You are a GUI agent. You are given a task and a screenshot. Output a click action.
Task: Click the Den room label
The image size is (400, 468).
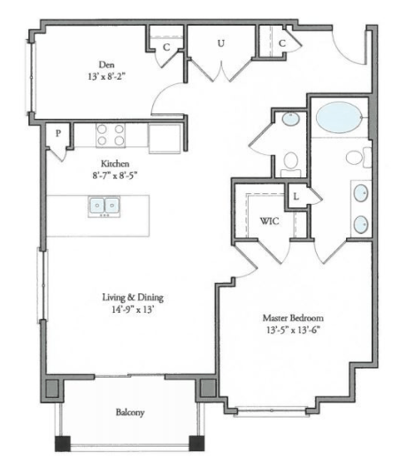pyautogui.click(x=105, y=63)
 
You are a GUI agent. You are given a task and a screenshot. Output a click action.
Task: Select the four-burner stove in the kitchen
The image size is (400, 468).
pyautogui.click(x=111, y=135)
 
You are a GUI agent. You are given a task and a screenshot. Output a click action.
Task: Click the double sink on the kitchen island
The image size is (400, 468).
pyautogui.click(x=104, y=206)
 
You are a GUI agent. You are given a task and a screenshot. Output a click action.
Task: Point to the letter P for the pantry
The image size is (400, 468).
pyautogui.click(x=58, y=134)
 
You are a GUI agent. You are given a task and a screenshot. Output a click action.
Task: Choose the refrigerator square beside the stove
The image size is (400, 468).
pyautogui.click(x=165, y=137)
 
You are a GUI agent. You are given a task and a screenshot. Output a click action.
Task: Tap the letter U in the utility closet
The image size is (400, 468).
pyautogui.click(x=220, y=42)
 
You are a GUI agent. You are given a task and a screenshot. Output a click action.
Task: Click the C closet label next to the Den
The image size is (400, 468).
pyautogui.click(x=165, y=47)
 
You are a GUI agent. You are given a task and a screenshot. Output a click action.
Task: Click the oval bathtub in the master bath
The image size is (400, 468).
pyautogui.click(x=338, y=117)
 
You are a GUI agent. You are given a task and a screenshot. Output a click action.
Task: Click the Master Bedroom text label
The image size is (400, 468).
pyautogui.click(x=293, y=316)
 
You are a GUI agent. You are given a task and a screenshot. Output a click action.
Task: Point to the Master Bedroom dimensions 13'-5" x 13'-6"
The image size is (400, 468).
pyautogui.click(x=293, y=331)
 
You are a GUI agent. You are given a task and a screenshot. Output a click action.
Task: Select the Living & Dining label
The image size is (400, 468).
pyautogui.click(x=133, y=297)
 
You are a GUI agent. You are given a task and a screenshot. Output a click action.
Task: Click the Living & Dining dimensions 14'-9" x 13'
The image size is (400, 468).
pyautogui.click(x=133, y=310)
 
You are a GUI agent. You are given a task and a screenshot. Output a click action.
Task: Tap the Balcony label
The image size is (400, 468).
pyautogui.click(x=129, y=412)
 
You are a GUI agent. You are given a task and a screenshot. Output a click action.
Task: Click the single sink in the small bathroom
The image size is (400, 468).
pyautogui.click(x=290, y=123)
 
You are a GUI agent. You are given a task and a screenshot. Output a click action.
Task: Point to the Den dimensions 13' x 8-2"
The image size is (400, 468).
pyautogui.click(x=105, y=76)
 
